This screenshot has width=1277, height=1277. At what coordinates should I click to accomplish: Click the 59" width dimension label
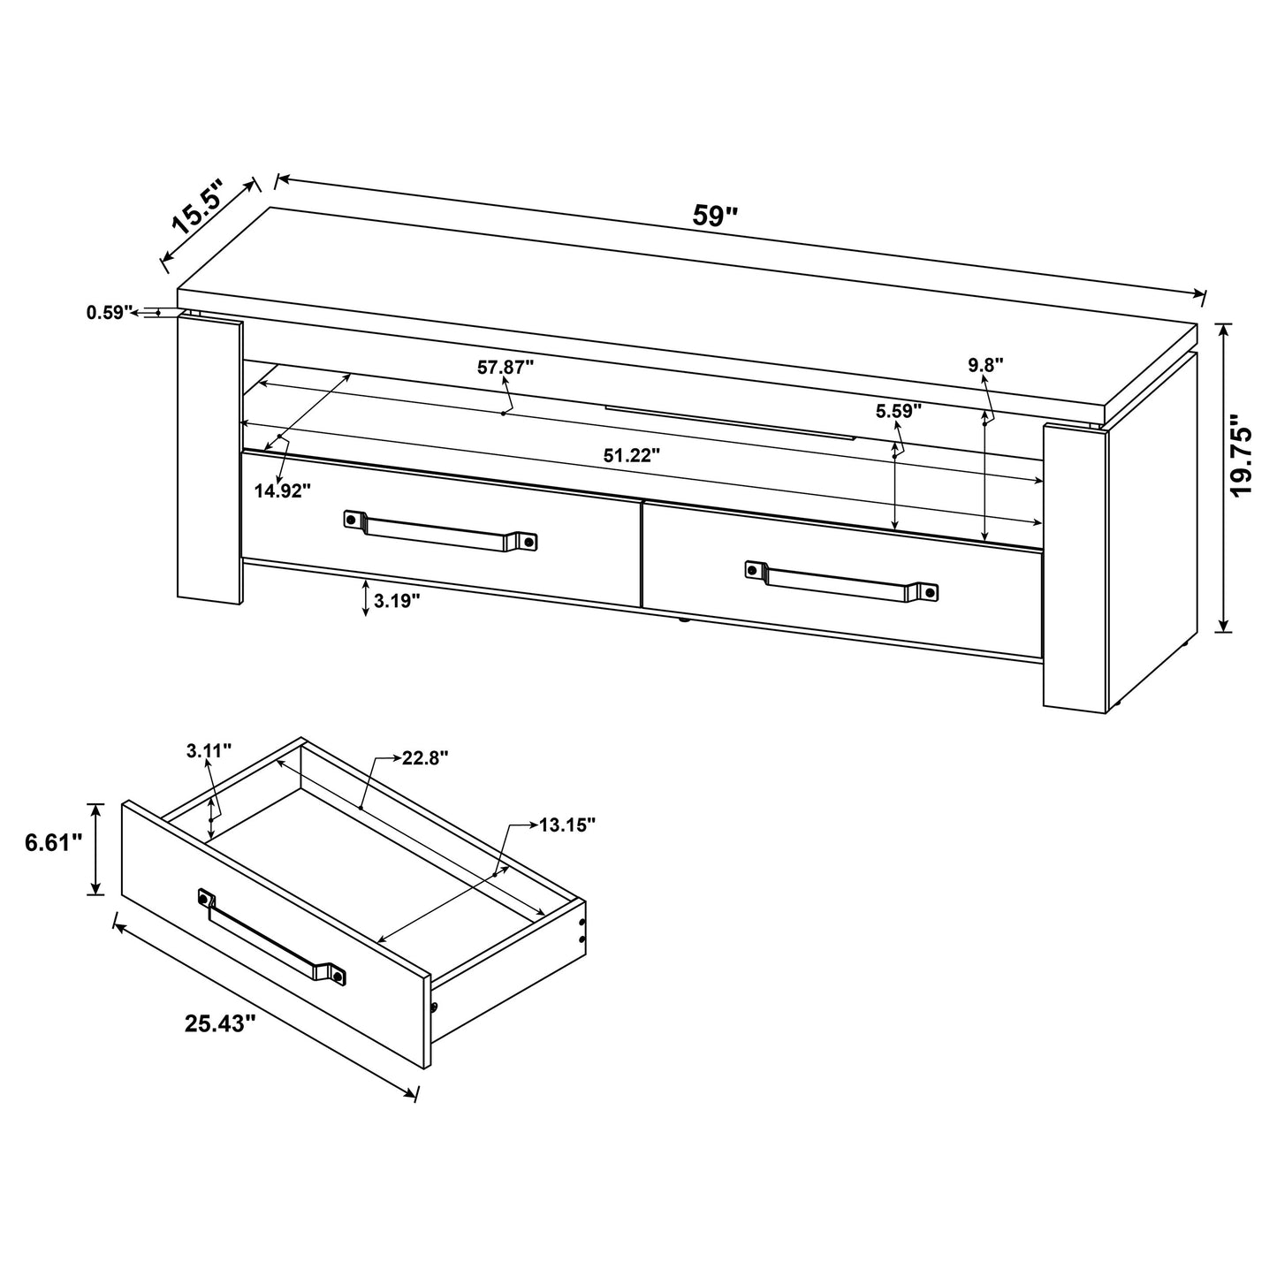click(x=715, y=217)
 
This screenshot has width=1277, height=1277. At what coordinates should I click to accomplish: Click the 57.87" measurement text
click(x=505, y=367)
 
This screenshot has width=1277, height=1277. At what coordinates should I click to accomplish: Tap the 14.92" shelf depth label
click(x=283, y=490)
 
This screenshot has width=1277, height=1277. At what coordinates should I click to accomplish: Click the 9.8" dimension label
click(x=985, y=365)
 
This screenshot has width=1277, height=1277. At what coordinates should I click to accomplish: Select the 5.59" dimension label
click(x=899, y=410)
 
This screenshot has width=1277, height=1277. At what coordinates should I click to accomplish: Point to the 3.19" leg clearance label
click(x=397, y=601)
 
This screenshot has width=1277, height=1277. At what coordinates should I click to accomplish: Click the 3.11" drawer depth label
click(x=209, y=751)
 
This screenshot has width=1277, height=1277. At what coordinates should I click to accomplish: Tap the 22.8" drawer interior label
click(x=425, y=757)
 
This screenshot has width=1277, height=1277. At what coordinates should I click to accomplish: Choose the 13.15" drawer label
click(x=567, y=825)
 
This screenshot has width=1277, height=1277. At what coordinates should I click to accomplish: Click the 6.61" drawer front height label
click(x=53, y=843)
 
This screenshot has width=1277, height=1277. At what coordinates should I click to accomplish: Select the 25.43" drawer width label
click(x=220, y=1023)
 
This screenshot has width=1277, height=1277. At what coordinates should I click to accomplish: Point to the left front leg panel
click(x=209, y=460)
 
